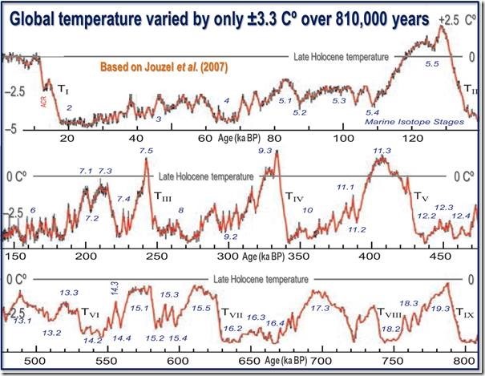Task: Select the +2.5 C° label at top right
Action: pos(459,18)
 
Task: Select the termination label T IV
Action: pos(295,192)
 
